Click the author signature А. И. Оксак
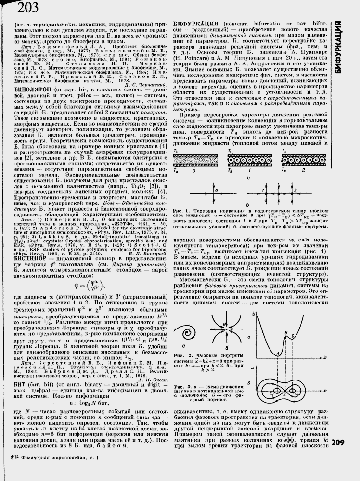152,367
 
